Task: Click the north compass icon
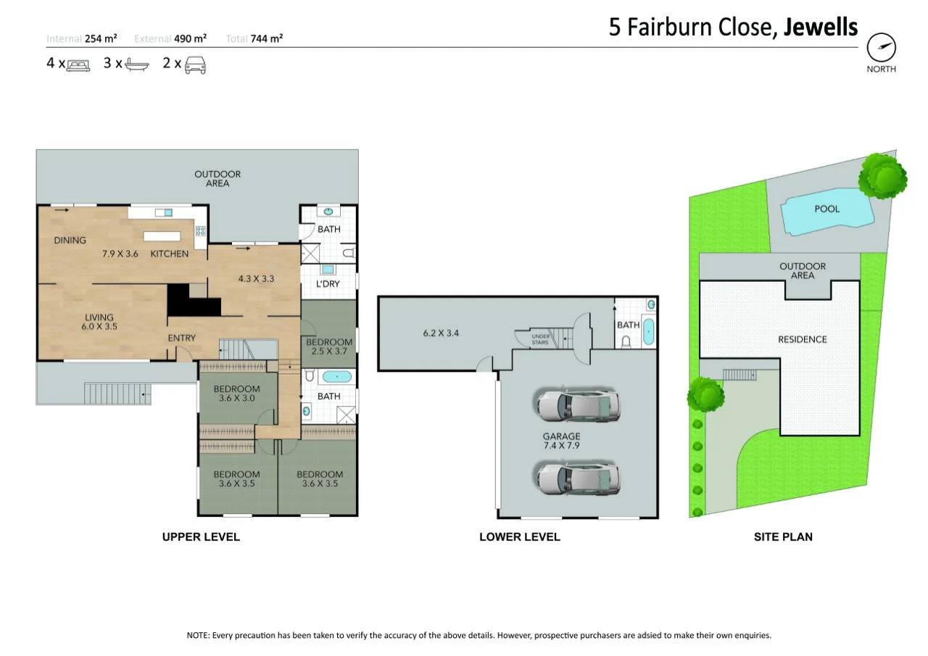[882, 48]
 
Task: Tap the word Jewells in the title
[820, 28]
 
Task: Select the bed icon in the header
[78, 65]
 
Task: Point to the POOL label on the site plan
[826, 209]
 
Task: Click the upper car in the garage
[578, 406]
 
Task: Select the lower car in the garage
[578, 478]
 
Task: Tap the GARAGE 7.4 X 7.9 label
[562, 441]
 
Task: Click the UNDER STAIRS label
[539, 339]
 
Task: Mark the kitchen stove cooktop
[201, 232]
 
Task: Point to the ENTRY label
[181, 339]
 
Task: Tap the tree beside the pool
[882, 175]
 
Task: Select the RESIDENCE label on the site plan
[802, 339]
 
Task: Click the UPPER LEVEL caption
[201, 537]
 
